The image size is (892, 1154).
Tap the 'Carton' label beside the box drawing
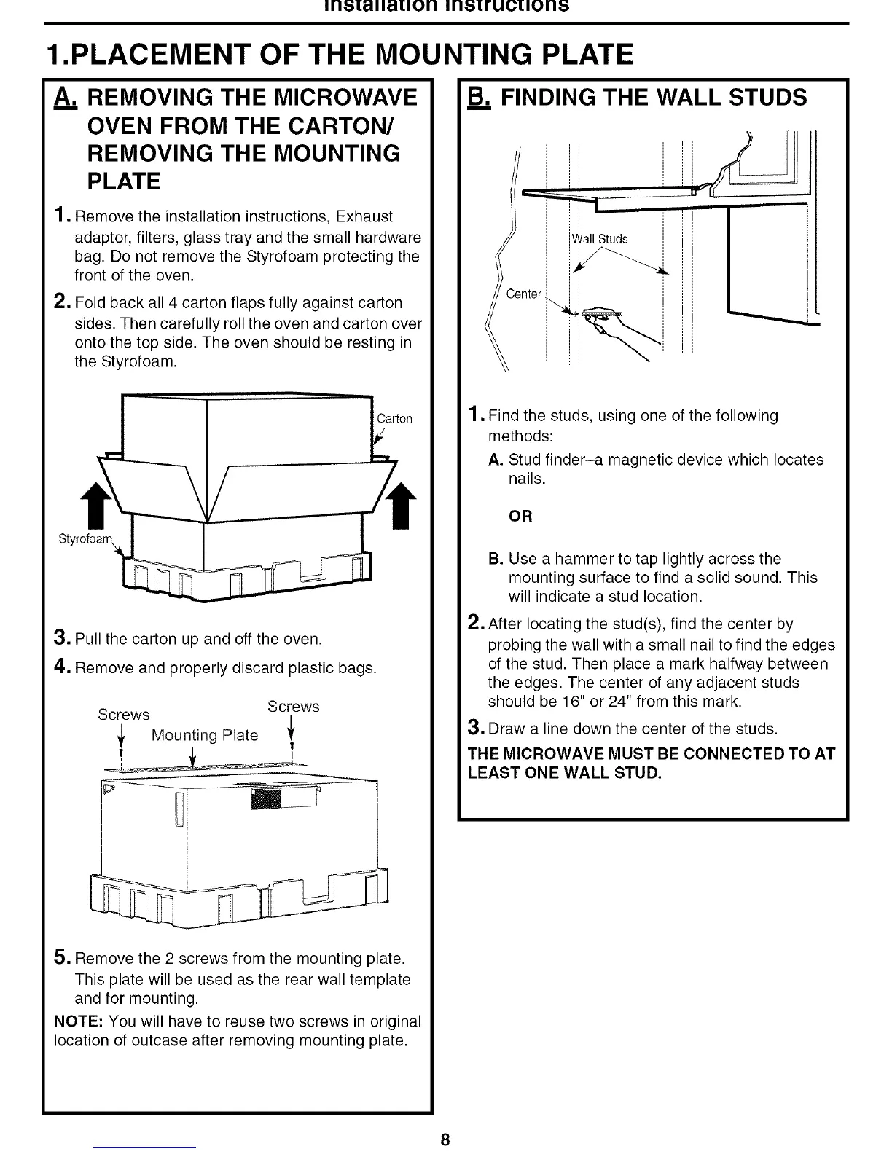pyautogui.click(x=394, y=419)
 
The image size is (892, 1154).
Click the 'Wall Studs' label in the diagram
pyautogui.click(x=599, y=239)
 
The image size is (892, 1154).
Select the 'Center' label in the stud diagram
pyautogui.click(x=524, y=294)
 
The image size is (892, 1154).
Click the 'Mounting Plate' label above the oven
pyautogui.click(x=204, y=735)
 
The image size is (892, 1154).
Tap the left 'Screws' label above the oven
pyautogui.click(x=124, y=715)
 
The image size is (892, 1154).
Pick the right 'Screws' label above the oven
pyautogui.click(x=293, y=707)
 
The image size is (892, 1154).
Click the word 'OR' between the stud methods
pyautogui.click(x=520, y=517)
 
